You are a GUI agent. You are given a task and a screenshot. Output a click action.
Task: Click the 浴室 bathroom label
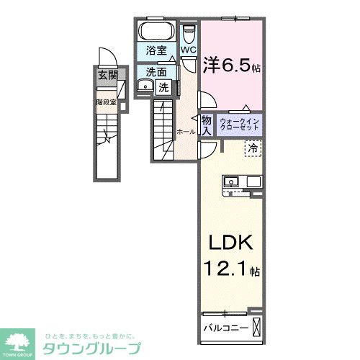(156, 52)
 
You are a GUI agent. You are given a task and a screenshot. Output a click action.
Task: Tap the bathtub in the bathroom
(156, 32)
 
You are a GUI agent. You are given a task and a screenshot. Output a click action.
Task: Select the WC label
(189, 50)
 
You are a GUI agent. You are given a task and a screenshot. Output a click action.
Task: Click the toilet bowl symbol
(189, 34)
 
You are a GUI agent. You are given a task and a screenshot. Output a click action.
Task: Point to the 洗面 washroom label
(156, 72)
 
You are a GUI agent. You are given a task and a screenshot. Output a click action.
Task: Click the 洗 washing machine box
(164, 88)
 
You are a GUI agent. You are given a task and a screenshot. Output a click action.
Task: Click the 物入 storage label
(206, 125)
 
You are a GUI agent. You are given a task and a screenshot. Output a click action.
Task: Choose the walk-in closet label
(238, 124)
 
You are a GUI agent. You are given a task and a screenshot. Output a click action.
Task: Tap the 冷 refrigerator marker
(253, 148)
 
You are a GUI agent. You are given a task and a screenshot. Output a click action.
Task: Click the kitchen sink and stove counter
(240, 182)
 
